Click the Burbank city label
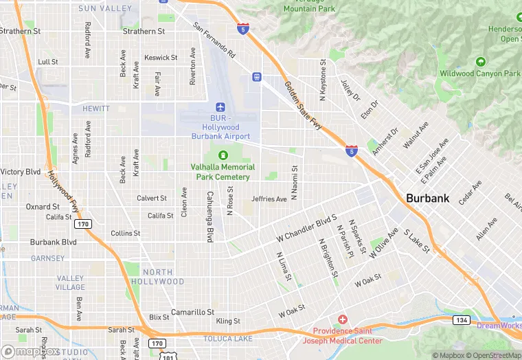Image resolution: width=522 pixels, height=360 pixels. point(427,198)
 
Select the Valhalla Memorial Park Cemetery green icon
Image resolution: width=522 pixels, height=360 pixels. point(223,155)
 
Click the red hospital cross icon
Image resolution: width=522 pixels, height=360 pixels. point(342,320)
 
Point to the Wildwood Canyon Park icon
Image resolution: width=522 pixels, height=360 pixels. point(481,62)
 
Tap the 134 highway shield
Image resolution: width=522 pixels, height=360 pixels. point(461,320)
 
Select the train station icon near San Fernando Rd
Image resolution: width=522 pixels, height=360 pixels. point(256,77)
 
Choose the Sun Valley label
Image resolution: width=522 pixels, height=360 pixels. point(105,8)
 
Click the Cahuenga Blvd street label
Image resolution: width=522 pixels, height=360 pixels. point(208,215)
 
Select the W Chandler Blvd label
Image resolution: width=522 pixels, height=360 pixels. point(306,229)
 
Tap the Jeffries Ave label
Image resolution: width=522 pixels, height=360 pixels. point(269,199)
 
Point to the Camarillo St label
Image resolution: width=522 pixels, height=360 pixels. point(193,312)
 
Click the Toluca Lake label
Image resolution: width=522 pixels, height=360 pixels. point(227,339)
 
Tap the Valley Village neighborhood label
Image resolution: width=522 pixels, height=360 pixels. point(71,283)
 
